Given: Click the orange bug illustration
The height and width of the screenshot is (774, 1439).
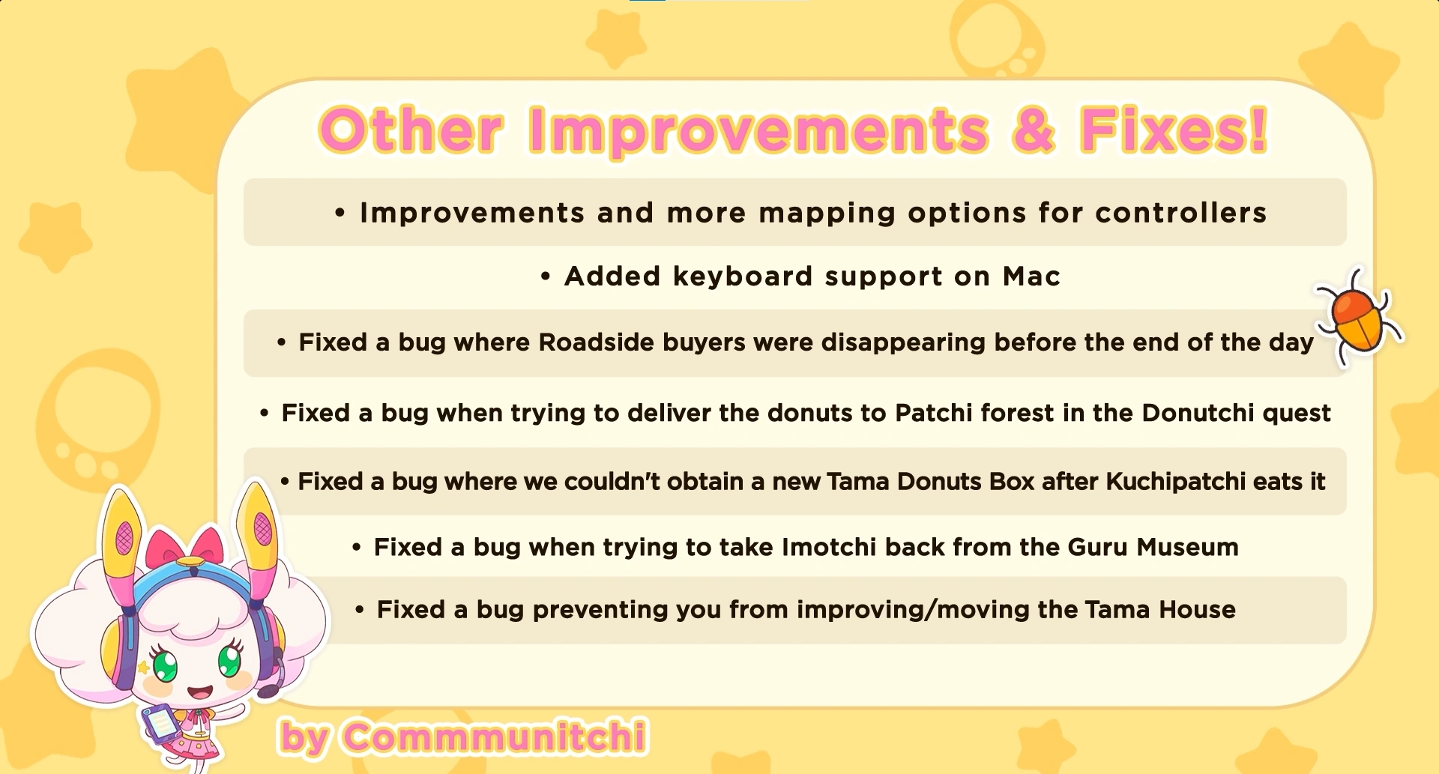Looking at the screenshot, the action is [x=1359, y=318].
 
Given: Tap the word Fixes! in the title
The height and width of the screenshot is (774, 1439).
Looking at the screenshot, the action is [x=1174, y=130].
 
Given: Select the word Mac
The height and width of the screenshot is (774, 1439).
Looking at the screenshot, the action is [x=1032, y=276].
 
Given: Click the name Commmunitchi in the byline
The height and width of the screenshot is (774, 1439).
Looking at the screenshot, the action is [x=495, y=737].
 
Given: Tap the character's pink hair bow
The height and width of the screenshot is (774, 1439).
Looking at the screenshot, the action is [x=184, y=548].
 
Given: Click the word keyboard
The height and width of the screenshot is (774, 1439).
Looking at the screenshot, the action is [x=743, y=277].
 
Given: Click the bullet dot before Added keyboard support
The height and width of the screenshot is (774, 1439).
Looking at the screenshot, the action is [x=546, y=277].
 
